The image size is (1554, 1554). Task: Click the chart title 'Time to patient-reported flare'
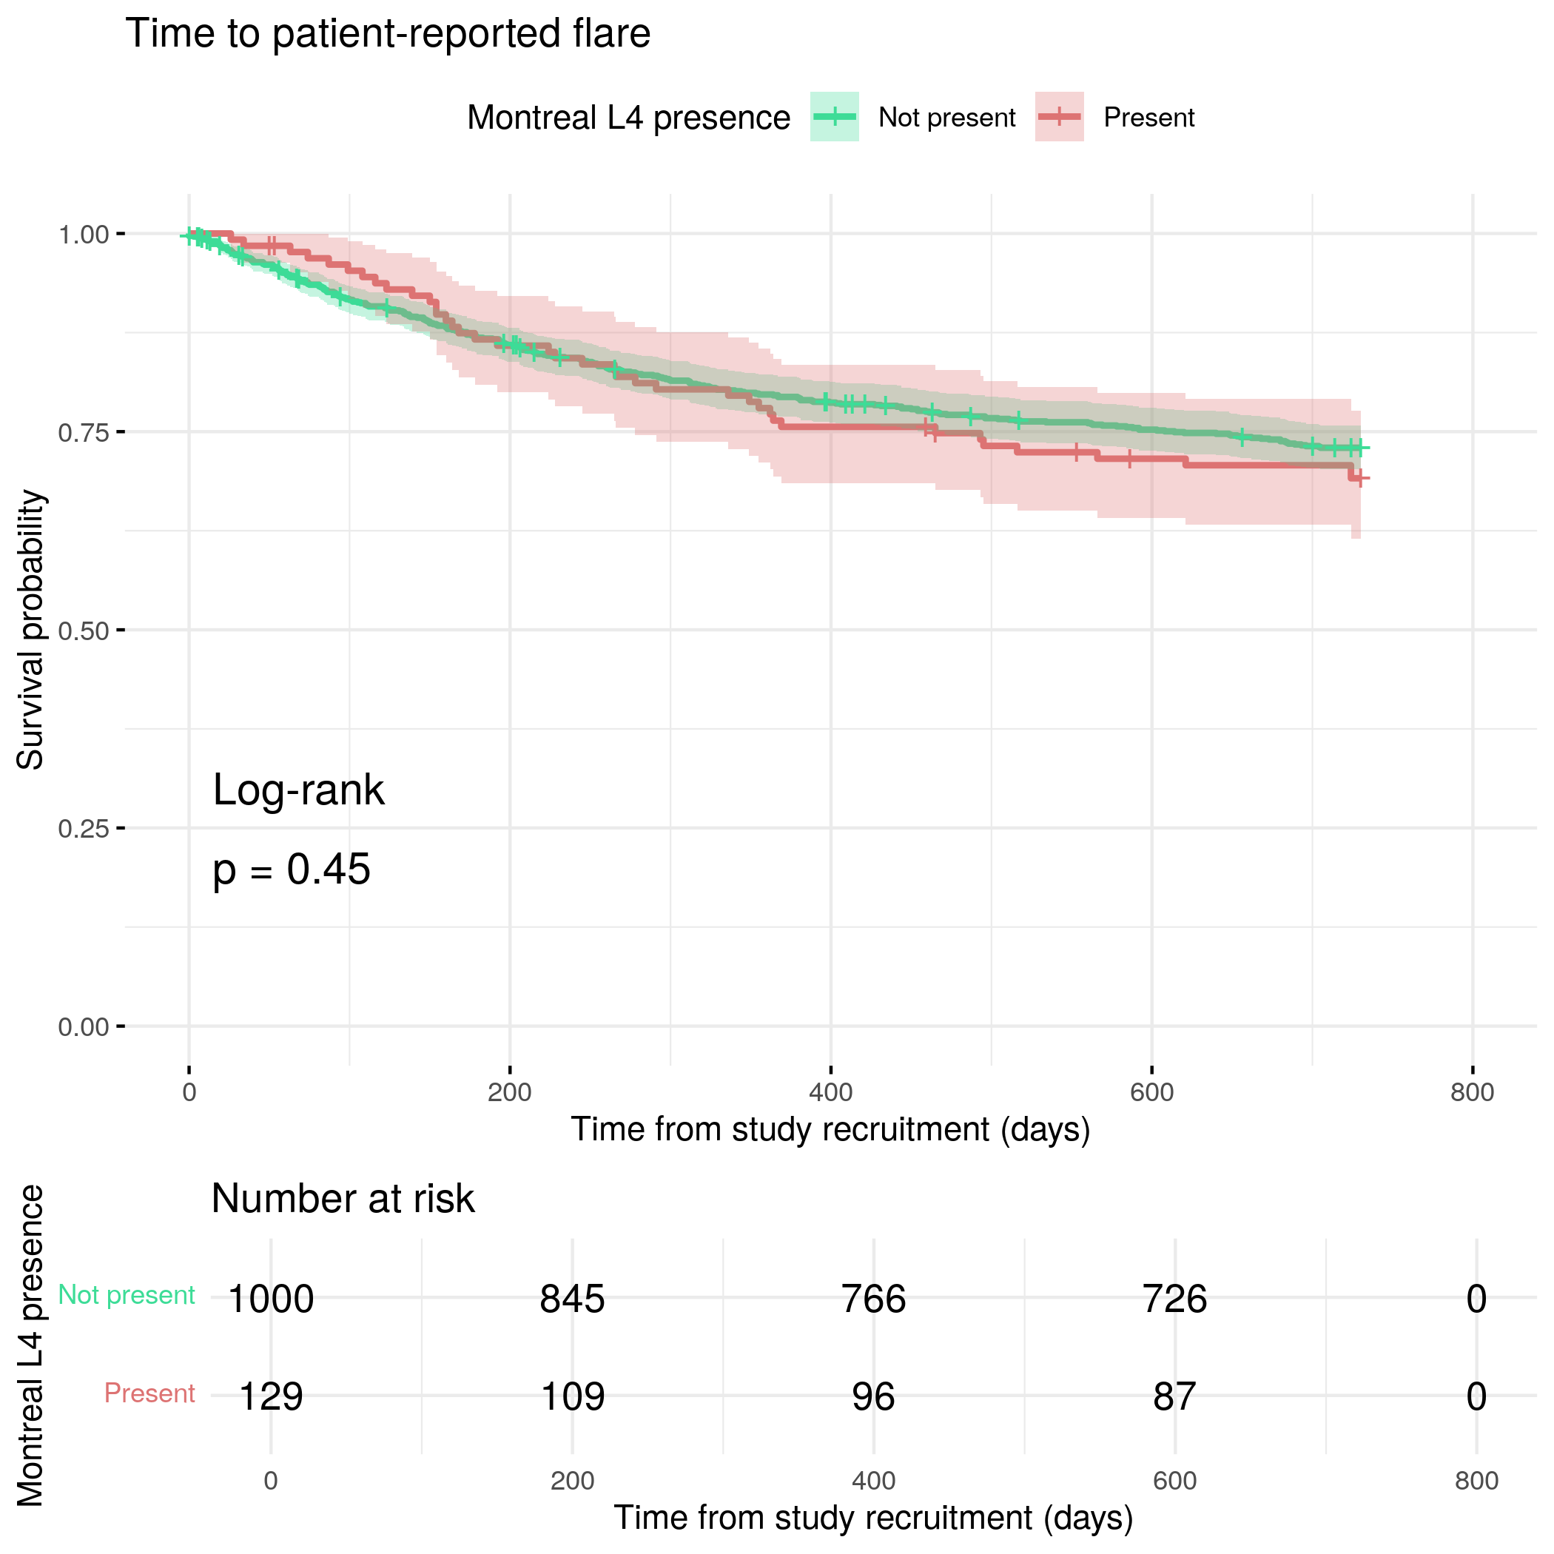coord(388,34)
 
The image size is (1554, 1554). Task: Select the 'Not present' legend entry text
coord(946,118)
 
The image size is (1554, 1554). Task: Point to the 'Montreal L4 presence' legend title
coord(628,118)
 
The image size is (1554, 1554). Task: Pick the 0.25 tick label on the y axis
coord(83,829)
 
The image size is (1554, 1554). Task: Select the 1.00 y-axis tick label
coord(83,235)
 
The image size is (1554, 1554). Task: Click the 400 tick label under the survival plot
coord(830,1092)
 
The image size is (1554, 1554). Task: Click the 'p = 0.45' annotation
coord(291,869)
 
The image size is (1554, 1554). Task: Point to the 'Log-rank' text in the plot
coord(298,790)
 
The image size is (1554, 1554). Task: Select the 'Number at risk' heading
coord(343,1200)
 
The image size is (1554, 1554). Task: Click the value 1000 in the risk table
coord(271,1299)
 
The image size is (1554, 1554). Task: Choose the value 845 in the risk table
coord(572,1299)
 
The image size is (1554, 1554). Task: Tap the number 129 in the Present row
coord(271,1396)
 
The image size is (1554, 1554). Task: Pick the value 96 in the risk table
coord(873,1396)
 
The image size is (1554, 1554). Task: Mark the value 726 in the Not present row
coord(1174,1299)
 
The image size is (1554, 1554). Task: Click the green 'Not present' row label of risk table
coord(127,1295)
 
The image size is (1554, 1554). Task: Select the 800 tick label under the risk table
coord(1476,1481)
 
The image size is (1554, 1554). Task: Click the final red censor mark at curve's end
coord(1359,479)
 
